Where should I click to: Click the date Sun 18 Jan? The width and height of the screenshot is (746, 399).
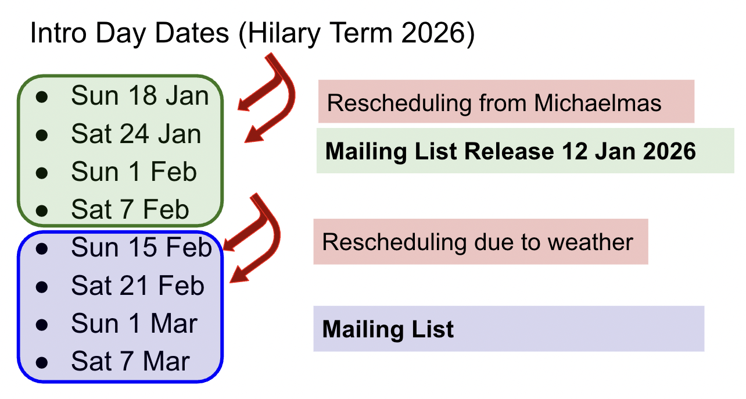(x=140, y=95)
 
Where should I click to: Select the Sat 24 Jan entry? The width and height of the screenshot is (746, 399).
(x=136, y=134)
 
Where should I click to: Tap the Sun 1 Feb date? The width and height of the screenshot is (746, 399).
(x=134, y=172)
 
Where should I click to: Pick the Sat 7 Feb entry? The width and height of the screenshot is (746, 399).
(x=130, y=209)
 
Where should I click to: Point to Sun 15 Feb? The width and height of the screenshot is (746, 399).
(x=142, y=247)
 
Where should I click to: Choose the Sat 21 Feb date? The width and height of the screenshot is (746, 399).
(x=138, y=286)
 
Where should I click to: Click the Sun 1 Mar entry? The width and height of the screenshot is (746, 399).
(x=134, y=323)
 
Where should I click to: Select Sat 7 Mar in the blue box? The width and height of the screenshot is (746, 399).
(x=131, y=361)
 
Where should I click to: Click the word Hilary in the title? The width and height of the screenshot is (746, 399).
(x=284, y=33)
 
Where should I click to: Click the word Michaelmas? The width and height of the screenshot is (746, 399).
(x=597, y=103)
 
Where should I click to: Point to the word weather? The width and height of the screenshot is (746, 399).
(x=590, y=243)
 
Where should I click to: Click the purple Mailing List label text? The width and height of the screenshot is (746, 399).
(x=388, y=330)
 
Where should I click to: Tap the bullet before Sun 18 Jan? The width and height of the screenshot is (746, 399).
(x=42, y=97)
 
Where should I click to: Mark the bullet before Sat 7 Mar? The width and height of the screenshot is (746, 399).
(x=42, y=362)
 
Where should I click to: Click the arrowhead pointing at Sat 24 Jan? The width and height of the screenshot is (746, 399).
(x=254, y=136)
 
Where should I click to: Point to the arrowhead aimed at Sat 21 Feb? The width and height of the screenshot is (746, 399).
(x=239, y=276)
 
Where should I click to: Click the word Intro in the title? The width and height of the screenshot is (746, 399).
(x=58, y=33)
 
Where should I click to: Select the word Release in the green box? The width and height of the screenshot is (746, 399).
(x=509, y=151)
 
